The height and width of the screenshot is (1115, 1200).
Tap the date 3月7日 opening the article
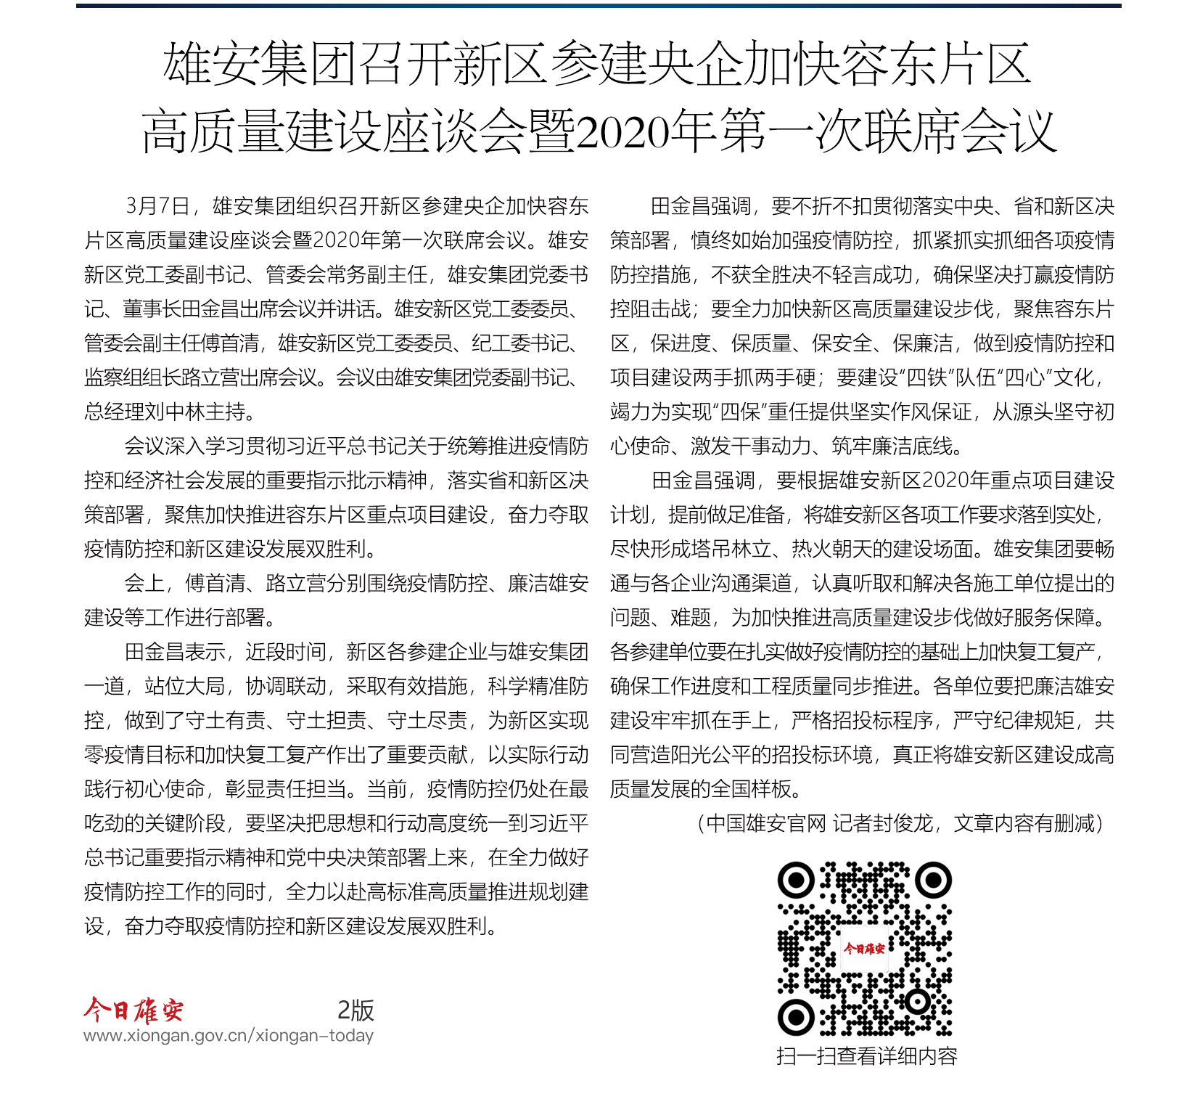(x=157, y=206)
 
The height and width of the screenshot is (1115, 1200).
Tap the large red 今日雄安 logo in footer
(x=133, y=1010)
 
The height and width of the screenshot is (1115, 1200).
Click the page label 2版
(x=356, y=1010)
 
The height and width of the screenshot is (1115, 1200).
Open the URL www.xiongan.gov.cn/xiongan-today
(x=229, y=1036)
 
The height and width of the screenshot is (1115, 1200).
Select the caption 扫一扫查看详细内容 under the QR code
(x=866, y=1056)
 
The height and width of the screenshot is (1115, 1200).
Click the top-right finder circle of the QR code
(x=933, y=881)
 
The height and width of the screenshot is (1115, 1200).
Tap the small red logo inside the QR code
(x=864, y=949)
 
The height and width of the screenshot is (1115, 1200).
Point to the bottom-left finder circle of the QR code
(x=796, y=1017)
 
